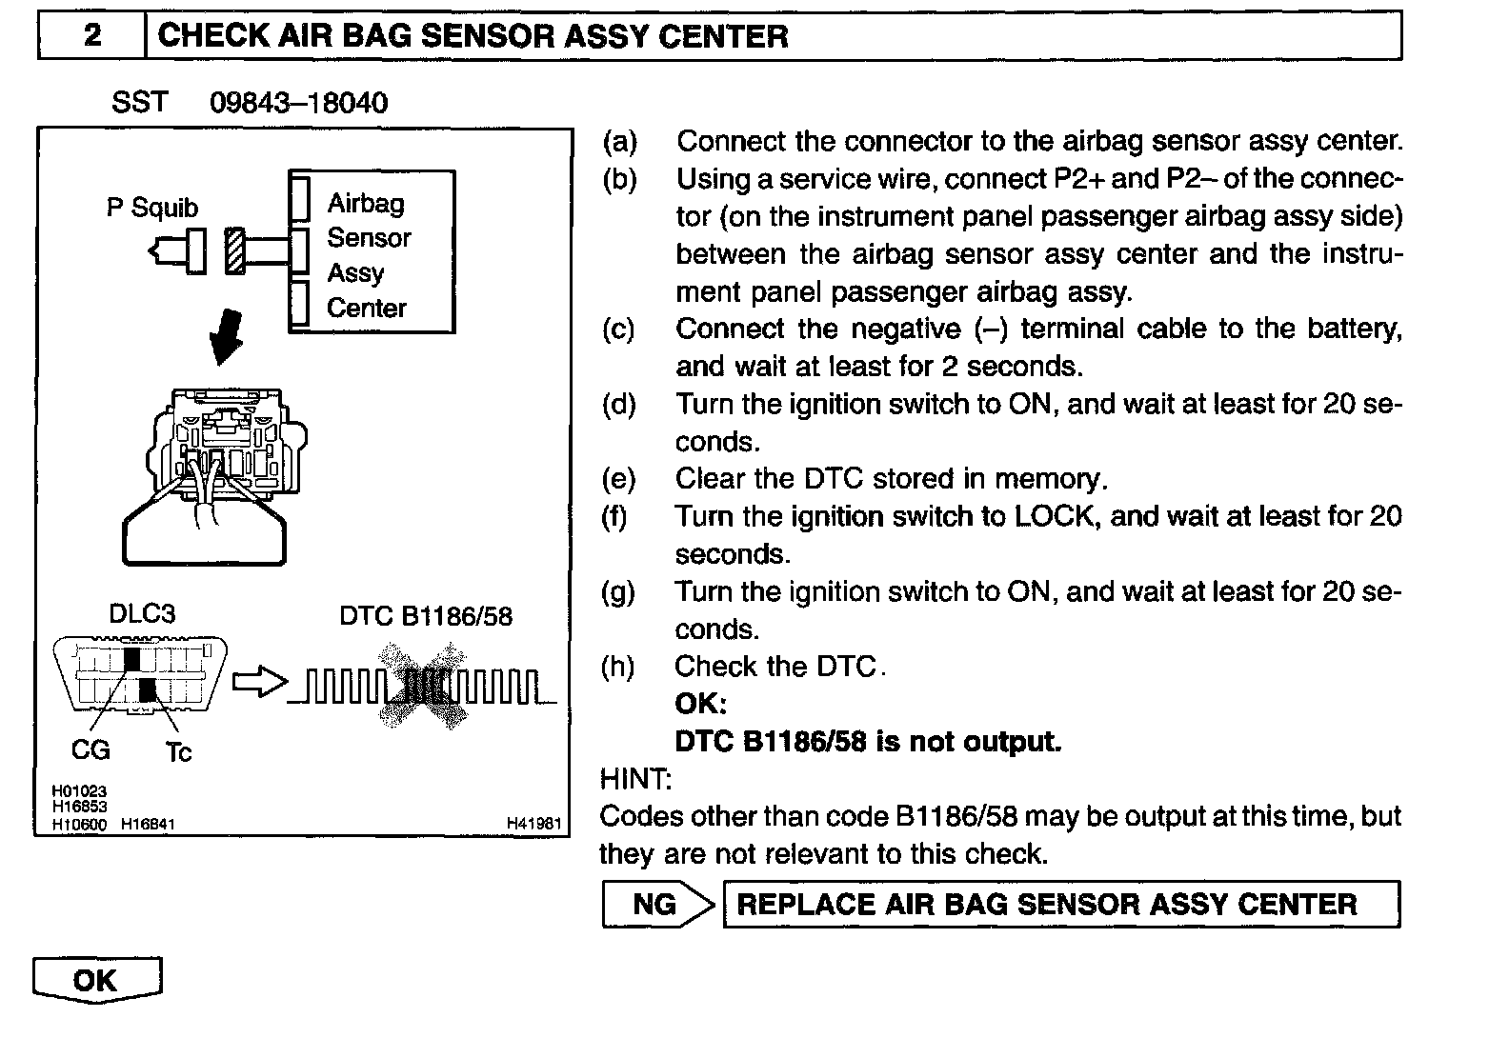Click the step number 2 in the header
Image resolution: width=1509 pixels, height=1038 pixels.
(92, 36)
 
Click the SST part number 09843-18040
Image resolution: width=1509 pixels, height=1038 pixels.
(298, 103)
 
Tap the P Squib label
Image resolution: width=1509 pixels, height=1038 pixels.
(152, 208)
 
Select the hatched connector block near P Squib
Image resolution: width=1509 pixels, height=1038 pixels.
(235, 251)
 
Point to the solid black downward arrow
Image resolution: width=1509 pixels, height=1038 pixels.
(228, 338)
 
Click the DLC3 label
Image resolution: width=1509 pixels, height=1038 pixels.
(142, 614)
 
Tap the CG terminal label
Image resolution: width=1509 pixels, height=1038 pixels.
(91, 750)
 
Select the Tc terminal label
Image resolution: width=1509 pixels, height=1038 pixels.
(178, 753)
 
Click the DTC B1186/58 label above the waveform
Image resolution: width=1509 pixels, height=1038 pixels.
(426, 617)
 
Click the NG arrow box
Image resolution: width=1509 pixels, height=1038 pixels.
(657, 905)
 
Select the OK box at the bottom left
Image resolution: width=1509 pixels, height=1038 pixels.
(96, 981)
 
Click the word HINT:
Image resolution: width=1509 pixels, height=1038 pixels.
(635, 780)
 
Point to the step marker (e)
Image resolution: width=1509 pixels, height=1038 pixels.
(618, 478)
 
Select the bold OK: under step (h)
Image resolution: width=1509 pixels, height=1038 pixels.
(700, 704)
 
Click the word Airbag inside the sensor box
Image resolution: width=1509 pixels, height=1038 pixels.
(366, 203)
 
